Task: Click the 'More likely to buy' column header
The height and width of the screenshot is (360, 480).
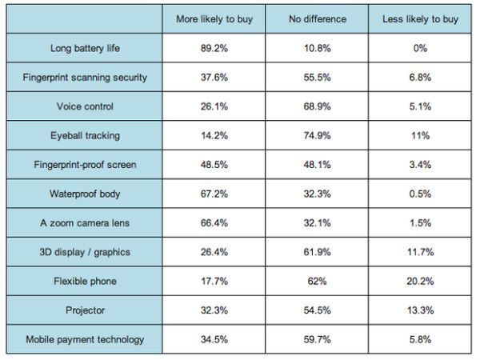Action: click(214, 19)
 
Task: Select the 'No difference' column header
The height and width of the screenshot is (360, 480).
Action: click(317, 19)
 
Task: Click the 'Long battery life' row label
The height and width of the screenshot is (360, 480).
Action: click(85, 48)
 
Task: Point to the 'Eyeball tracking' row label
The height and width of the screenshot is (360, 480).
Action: click(85, 135)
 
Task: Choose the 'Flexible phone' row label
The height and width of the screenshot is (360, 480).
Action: click(85, 281)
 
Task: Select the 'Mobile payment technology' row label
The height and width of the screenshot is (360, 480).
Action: click(85, 339)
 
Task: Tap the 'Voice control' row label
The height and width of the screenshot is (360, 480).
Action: click(85, 106)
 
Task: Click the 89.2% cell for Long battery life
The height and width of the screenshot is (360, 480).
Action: click(214, 48)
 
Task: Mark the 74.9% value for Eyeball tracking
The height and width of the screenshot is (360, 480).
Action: click(317, 135)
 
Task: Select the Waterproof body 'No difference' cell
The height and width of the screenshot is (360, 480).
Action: click(317, 194)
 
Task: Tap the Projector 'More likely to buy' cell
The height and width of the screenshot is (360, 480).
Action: click(214, 310)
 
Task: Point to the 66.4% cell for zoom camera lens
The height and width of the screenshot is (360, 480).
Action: click(214, 222)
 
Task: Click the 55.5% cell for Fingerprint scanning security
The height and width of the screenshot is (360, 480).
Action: click(317, 78)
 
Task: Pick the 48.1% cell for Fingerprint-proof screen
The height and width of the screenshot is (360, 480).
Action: click(317, 165)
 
